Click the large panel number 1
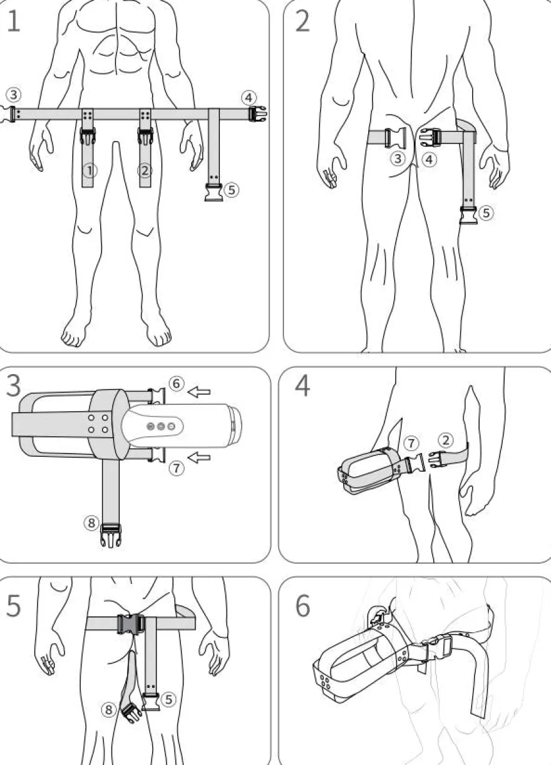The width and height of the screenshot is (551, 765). point(13,21)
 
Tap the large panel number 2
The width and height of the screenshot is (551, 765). point(302,21)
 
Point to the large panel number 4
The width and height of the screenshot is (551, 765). point(302,385)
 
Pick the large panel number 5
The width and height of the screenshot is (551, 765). point(14,605)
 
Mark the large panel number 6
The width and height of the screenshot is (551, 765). point(302,605)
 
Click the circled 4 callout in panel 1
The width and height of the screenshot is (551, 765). point(249,98)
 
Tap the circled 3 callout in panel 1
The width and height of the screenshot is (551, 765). point(14,95)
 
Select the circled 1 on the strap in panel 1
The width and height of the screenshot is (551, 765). point(90,170)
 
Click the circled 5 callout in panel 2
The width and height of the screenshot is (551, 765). point(486,213)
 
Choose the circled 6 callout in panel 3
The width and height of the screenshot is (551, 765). point(176,383)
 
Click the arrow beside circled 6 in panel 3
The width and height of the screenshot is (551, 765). point(199,392)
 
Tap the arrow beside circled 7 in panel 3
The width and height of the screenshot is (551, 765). point(199,457)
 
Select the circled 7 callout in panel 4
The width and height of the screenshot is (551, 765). point(411,444)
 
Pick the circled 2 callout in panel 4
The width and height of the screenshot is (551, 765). point(446,440)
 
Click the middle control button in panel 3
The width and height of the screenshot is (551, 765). point(161,426)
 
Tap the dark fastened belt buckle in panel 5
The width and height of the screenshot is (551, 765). point(131,624)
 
